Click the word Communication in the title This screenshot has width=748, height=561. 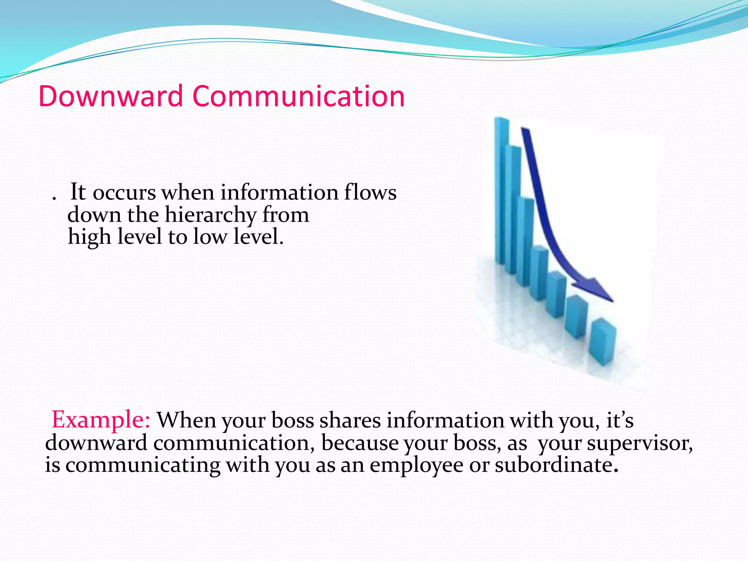(x=298, y=96)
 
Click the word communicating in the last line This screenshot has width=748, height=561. (x=143, y=466)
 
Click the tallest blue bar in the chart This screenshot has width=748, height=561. (x=501, y=190)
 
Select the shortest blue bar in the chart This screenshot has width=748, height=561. (x=603, y=341)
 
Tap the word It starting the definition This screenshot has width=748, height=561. (x=78, y=192)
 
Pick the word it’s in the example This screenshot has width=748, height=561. (x=620, y=420)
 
